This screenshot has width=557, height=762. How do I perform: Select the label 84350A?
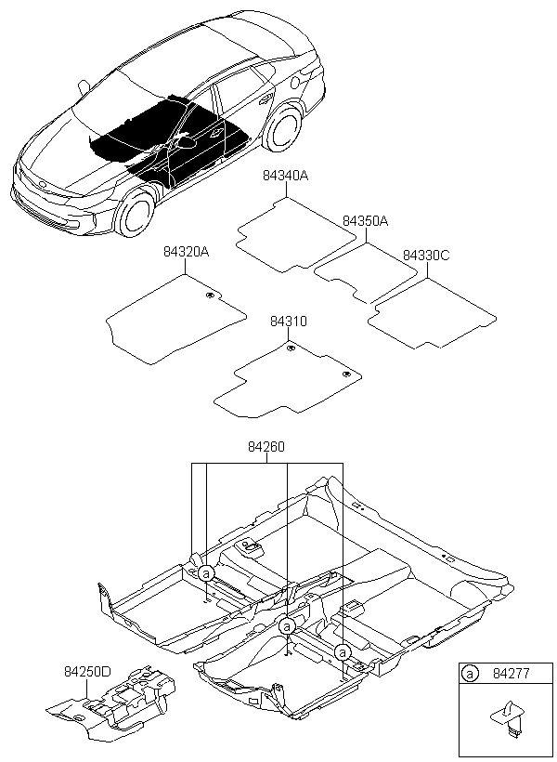coord(365,221)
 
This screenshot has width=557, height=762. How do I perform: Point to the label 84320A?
coord(187,252)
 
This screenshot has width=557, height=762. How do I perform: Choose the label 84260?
coord(266,447)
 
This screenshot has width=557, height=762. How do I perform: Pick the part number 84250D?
coord(87,670)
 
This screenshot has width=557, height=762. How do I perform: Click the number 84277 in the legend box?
coord(510,676)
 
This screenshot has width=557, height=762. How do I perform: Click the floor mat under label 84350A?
coord(365,271)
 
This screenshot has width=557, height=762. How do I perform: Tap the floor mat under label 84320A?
coord(176,321)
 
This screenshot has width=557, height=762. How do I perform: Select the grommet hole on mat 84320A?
coord(211,296)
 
